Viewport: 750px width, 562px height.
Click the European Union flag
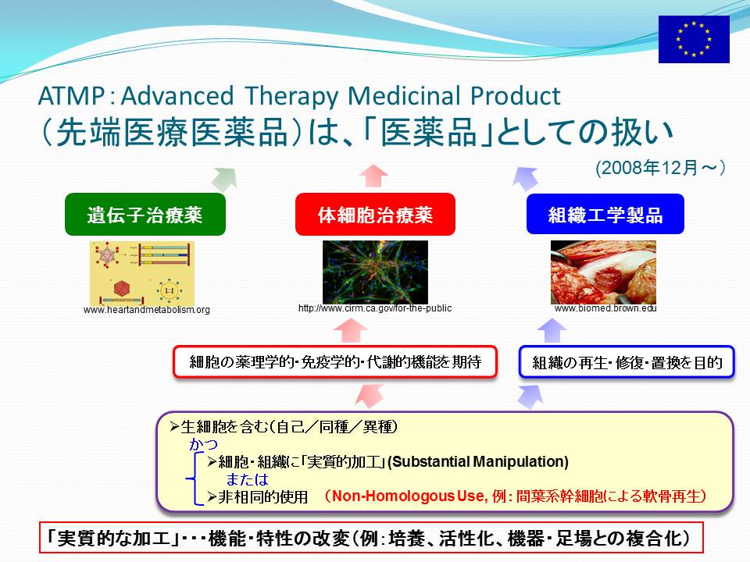coord(694,39)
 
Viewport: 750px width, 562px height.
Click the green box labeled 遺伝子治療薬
coord(145,214)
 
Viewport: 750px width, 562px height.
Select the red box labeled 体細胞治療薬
coord(375,214)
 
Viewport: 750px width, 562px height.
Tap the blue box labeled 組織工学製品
coord(605,214)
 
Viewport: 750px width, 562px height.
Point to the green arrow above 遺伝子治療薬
coord(225,179)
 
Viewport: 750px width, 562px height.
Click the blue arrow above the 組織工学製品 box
coord(525,178)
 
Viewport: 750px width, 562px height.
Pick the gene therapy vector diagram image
coord(142,273)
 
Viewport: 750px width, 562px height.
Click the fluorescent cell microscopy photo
coord(375,272)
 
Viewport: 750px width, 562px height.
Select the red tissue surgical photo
coord(603,272)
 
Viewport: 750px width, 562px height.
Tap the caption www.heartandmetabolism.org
coord(146,310)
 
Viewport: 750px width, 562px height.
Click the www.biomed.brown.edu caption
coord(605,308)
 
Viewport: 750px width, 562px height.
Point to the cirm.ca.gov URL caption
coord(375,308)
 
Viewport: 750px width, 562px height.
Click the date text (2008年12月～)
coord(661,168)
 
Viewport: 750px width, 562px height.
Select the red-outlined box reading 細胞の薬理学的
coord(335,361)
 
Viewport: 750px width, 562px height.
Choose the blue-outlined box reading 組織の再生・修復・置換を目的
coord(627,361)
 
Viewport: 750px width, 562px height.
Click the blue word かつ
coord(203,444)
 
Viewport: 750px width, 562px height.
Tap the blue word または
coord(247,479)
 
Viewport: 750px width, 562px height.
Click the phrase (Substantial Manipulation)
coord(478,461)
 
